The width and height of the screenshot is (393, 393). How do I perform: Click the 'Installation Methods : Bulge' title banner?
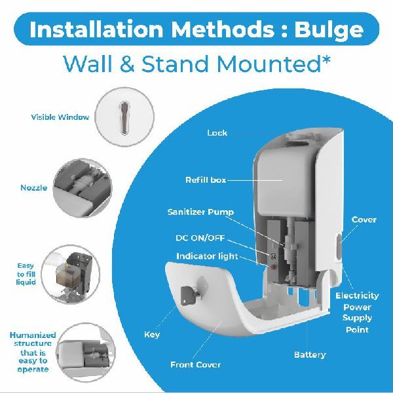196,29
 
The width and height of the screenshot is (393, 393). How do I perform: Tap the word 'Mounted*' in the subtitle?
273,64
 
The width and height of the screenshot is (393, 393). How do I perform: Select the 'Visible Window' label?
60,117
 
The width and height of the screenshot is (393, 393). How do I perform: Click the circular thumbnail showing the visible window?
124,117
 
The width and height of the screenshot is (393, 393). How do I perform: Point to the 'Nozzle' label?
33,188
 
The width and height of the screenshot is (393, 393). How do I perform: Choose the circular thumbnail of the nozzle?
83,188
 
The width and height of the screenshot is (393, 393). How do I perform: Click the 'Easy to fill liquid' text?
26,274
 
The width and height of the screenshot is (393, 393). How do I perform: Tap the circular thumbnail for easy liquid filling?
71,274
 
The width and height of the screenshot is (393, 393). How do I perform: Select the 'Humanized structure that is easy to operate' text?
33,352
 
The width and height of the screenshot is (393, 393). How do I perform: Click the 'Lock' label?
217,132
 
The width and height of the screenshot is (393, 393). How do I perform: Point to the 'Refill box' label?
206,180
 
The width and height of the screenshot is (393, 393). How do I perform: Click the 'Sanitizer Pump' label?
200,212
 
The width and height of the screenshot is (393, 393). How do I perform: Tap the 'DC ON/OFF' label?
200,238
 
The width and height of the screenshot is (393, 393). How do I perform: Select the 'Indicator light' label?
207,256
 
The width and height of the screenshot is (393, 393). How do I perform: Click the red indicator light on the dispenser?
273,267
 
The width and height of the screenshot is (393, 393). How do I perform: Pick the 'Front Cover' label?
195,364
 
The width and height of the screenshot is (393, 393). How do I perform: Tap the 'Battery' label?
310,354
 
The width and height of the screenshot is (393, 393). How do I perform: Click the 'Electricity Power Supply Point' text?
357,312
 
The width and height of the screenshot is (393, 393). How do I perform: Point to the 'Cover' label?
364,219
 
